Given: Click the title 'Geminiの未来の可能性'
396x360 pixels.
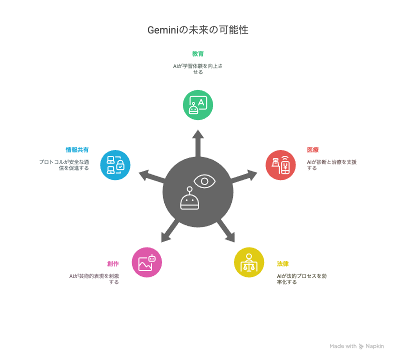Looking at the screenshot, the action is coord(197,30).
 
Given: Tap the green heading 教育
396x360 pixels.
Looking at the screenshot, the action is coord(197,54).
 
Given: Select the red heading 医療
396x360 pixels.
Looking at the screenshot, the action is coord(312,150).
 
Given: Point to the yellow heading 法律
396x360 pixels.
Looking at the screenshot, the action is coord(282,263).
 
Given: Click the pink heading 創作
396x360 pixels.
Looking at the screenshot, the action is coord(113,263).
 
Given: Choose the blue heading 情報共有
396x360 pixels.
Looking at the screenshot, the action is coord(77,150).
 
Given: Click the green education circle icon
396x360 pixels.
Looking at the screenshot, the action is coord(198,105).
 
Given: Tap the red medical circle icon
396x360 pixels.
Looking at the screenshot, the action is coord(280,165).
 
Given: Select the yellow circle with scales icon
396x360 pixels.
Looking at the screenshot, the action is coord(249,262).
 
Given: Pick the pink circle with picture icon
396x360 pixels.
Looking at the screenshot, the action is coord(146,262).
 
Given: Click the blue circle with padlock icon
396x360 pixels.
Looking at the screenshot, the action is coord(115,165).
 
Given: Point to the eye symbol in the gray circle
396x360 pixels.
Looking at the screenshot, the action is coord(204,181).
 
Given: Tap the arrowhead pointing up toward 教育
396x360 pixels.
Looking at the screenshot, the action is coord(198,134).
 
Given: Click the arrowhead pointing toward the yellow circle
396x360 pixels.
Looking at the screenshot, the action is coord(230,237).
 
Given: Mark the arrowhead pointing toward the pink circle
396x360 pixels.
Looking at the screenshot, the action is coord(165,237).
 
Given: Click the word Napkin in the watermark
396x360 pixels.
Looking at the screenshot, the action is coord(375,346).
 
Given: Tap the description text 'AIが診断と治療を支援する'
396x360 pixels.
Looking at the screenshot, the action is coord(332,165).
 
